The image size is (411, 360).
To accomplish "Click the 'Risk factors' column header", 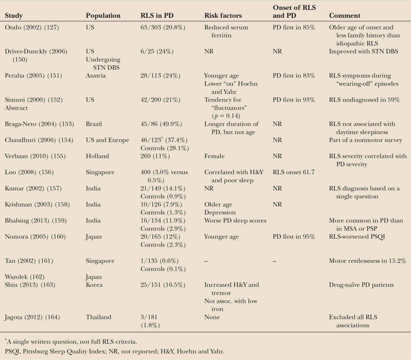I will click(223, 15).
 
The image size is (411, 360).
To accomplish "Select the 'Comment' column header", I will click(345, 15).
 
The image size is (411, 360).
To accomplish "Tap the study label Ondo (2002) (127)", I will click(32, 27).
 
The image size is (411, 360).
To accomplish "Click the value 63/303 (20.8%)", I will click(163, 27).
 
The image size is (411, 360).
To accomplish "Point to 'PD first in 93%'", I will click(294, 100).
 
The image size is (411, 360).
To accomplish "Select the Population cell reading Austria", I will click(96, 75).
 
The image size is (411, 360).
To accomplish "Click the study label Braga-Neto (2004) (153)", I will click(39, 124).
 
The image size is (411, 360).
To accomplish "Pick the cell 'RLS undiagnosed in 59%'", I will click(364, 100).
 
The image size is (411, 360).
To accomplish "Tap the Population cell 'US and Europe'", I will click(107, 140).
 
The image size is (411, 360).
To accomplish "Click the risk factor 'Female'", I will click(214, 156).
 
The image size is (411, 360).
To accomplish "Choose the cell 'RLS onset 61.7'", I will click(294, 172).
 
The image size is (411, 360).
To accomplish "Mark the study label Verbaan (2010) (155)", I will click(35, 156).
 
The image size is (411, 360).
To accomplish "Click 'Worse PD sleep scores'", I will click(235, 220).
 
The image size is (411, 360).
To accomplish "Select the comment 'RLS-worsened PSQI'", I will click(357, 237).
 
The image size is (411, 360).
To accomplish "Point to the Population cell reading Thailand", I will click(98, 317).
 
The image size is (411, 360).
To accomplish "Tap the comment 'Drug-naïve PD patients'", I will click(361, 285).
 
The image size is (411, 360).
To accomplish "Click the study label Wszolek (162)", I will click(25, 277).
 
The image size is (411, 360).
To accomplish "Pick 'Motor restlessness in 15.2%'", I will click(367, 261).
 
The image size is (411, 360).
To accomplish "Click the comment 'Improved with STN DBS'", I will click(363, 51).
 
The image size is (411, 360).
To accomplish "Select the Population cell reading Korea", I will click(94, 285).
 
